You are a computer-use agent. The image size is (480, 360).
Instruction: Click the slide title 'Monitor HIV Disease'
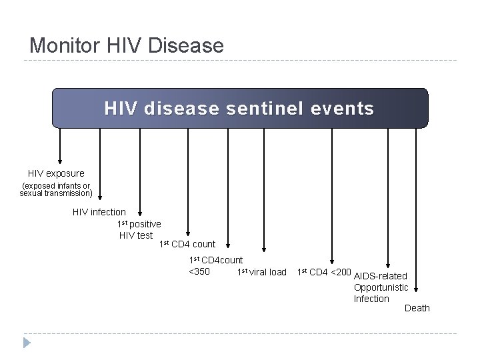[127, 45]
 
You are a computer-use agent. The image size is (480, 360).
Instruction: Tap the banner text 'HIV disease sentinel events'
[239, 108]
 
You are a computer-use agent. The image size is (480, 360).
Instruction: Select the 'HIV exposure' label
[56, 173]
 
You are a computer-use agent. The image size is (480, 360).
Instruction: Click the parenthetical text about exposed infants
[56, 189]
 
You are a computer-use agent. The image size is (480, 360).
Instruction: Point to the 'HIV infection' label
[99, 212]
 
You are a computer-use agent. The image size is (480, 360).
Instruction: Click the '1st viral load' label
[262, 271]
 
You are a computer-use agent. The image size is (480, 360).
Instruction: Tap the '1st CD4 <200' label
[324, 271]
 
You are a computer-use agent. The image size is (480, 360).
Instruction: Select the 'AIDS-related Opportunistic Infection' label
[381, 287]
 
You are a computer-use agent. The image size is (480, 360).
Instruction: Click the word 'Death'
[417, 308]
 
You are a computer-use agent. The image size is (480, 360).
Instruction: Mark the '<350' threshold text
[199, 271]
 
